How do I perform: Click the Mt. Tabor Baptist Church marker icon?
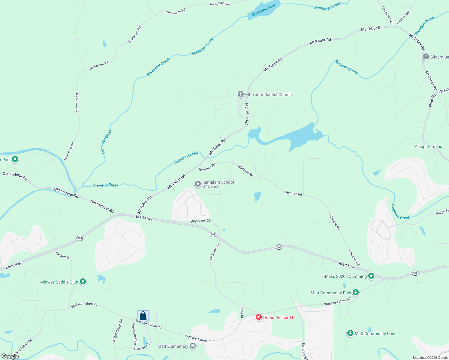click(240, 94)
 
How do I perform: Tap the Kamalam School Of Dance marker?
click(197, 184)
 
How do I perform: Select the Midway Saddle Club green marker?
click(83, 282)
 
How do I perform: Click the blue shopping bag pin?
click(143, 316)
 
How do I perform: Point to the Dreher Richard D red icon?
click(258, 317)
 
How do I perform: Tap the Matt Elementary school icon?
click(193, 346)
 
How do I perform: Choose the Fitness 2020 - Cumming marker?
click(371, 276)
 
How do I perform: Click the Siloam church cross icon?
click(426, 57)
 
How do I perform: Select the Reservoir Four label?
click(264, 10)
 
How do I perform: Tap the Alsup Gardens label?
click(428, 146)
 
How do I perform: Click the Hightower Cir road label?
click(201, 221)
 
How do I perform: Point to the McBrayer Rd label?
click(215, 252)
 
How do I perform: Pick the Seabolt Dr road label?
click(63, 255)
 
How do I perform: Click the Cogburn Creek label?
click(400, 212)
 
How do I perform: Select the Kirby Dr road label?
click(242, 310)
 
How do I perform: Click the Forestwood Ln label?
click(134, 334)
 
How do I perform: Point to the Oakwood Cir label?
click(143, 346)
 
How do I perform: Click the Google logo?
click(10, 356)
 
